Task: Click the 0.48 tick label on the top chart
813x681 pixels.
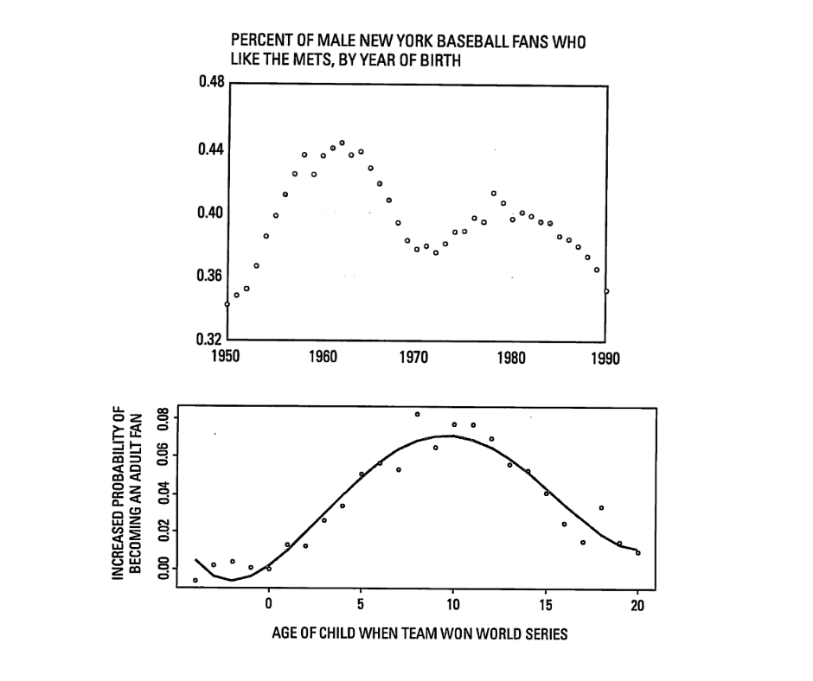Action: click(x=212, y=83)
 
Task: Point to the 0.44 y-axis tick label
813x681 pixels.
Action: click(x=212, y=149)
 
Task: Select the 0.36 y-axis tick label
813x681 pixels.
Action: click(x=212, y=276)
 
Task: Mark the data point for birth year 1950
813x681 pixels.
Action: click(x=227, y=304)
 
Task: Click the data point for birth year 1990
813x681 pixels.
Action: click(x=606, y=291)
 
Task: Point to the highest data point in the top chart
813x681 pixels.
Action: click(x=342, y=143)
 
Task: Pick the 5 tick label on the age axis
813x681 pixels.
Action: click(x=361, y=602)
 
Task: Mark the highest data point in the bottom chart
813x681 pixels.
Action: click(x=417, y=414)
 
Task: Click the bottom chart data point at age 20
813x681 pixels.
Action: click(x=638, y=552)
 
